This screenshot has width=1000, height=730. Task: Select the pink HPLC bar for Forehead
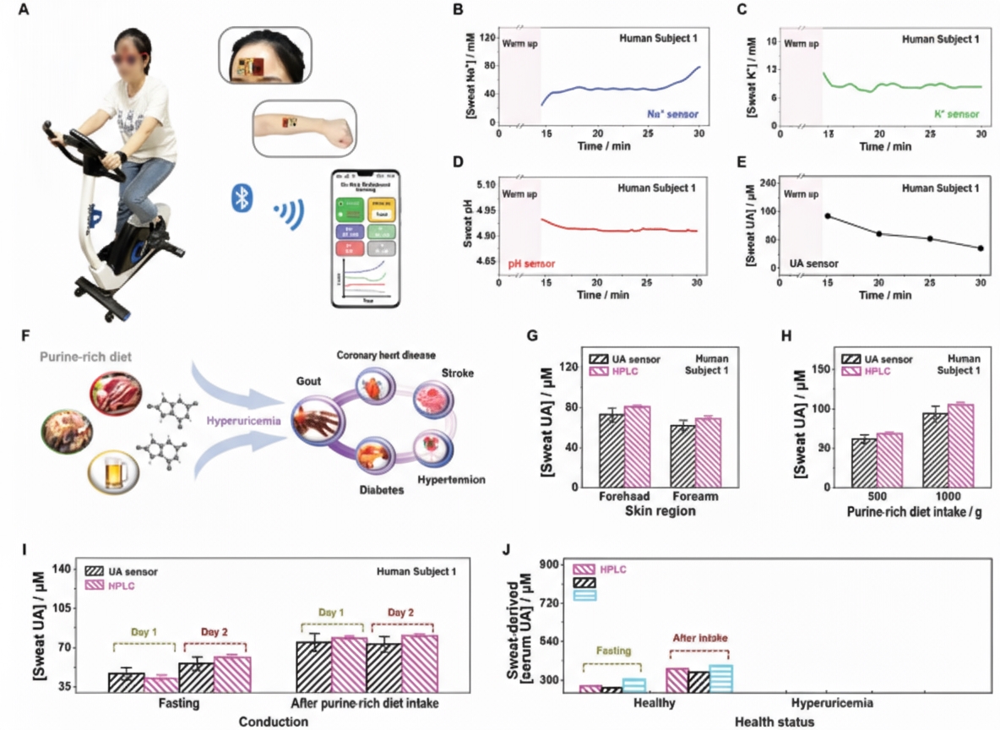tap(638, 446)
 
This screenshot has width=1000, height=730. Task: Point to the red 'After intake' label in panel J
tap(698, 640)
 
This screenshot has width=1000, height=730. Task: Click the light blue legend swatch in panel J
tap(584, 595)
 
